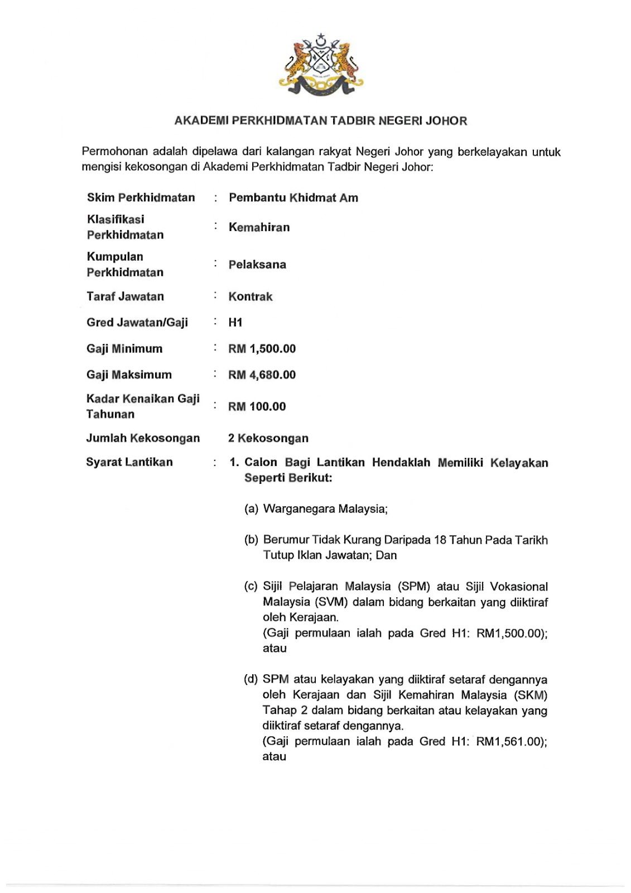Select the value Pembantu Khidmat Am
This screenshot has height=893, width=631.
[293, 198]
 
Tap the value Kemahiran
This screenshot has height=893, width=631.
[259, 228]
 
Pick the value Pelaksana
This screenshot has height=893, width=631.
[257, 265]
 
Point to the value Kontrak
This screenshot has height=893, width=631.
[251, 297]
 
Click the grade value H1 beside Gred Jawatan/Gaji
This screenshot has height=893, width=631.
[235, 323]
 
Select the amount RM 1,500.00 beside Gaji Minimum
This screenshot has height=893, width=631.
[262, 349]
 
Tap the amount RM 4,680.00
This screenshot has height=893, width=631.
[262, 375]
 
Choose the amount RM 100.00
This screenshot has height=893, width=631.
[257, 407]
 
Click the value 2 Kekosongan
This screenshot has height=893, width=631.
[268, 439]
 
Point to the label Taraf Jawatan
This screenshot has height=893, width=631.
[125, 297]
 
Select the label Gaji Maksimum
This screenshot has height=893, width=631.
[129, 375]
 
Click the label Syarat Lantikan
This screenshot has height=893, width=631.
[129, 463]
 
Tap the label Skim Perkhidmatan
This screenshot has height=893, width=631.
[141, 198]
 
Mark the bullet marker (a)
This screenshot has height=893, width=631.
[251, 509]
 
